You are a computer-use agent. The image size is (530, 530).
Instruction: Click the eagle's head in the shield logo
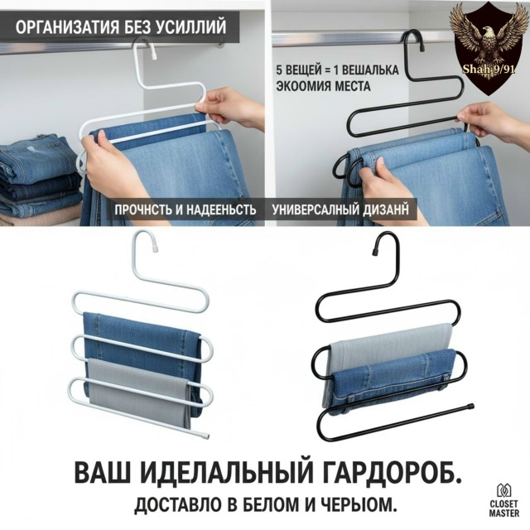488,34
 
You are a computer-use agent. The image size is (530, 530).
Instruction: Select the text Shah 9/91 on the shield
489,70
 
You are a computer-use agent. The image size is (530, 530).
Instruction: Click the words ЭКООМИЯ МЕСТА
323,86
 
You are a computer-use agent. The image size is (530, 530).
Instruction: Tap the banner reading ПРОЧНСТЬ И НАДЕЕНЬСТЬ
185,210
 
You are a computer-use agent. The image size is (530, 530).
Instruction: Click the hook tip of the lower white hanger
155,249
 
